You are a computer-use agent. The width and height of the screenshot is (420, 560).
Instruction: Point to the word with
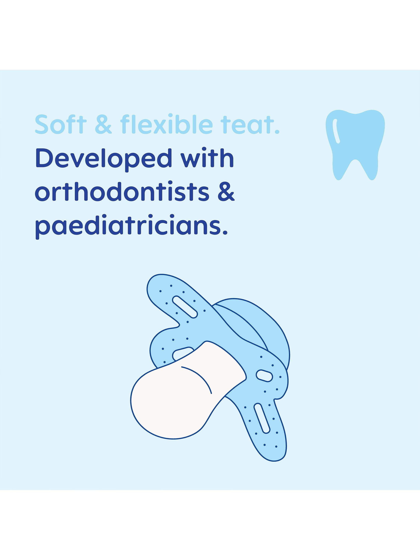(x=205, y=158)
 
